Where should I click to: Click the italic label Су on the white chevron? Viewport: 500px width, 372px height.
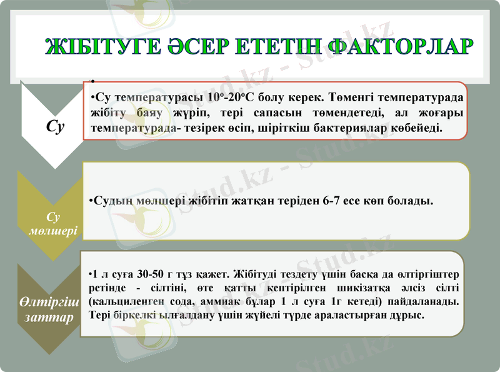(55, 126)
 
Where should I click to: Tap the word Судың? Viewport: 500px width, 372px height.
(110, 201)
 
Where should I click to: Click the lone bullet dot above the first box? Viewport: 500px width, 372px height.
(91, 83)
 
